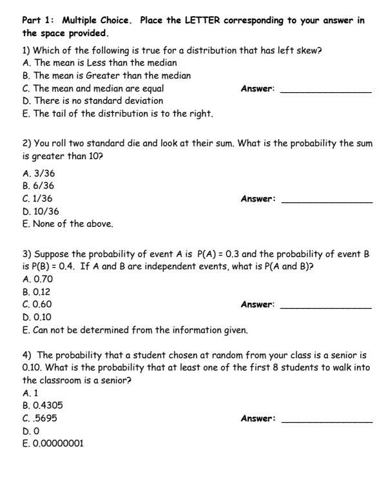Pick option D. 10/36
pos(40,211)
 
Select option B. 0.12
pos(36,291)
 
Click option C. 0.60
pos(37,304)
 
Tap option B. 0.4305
pos(42,405)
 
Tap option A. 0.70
pos(37,278)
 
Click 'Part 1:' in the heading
pos(38,20)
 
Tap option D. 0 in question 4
pos(29,430)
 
